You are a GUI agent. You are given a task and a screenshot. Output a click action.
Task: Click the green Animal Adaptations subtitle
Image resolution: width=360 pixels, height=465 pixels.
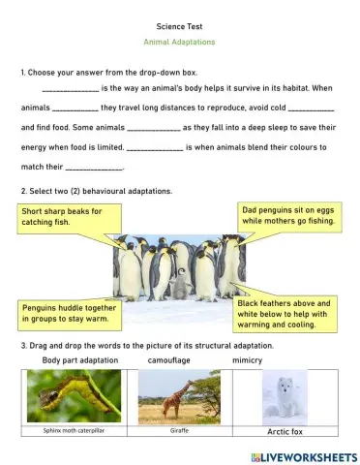[179, 43]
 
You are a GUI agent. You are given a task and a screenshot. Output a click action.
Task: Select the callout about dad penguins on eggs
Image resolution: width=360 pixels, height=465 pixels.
[287, 215]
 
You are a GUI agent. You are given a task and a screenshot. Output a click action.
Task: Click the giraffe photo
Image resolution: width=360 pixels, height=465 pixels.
[179, 396]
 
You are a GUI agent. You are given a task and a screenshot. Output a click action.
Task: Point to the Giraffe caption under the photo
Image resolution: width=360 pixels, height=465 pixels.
[179, 430]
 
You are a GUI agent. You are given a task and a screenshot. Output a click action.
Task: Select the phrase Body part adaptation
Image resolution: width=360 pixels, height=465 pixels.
[80, 359]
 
